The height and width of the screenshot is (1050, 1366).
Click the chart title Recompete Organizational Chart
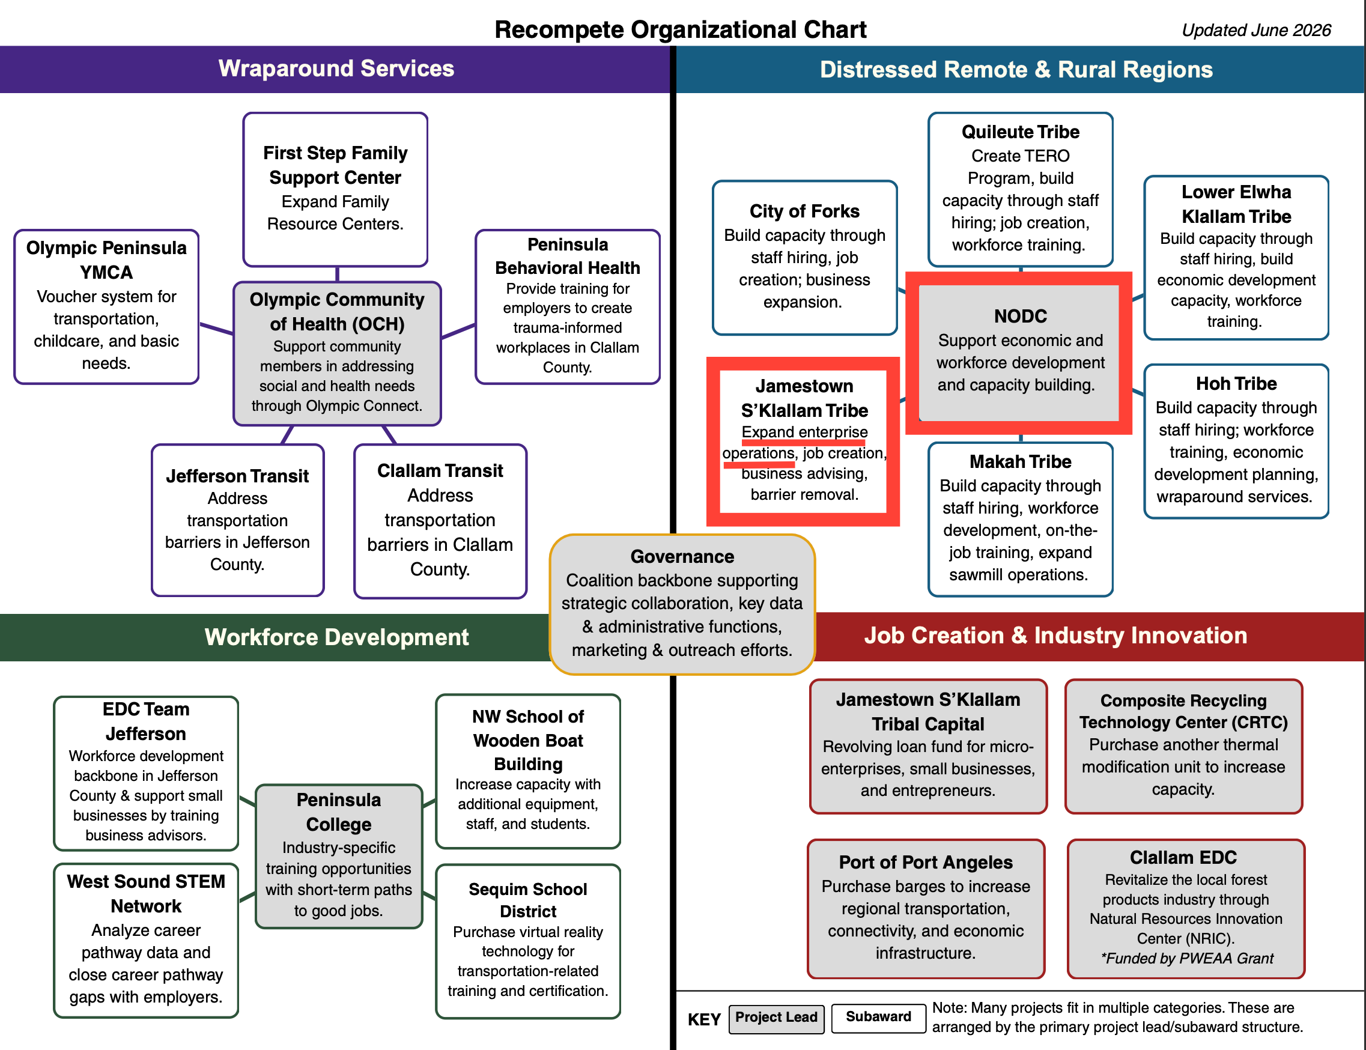tap(680, 29)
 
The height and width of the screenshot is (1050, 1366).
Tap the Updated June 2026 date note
tap(1256, 30)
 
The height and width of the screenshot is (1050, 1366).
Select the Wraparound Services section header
tap(336, 68)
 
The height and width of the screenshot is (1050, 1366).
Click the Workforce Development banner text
tap(336, 637)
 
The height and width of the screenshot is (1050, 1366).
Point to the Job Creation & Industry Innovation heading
tap(1055, 636)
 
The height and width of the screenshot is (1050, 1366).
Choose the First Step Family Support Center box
tap(336, 189)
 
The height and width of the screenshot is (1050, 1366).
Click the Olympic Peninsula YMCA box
tap(106, 306)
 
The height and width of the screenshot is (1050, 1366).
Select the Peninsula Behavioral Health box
tap(568, 306)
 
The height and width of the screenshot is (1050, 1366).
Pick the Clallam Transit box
tap(440, 521)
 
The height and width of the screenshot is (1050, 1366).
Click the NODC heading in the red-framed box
tap(1021, 316)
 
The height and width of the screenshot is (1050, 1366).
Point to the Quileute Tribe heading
tap(1021, 132)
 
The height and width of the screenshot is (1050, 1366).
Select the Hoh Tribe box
tap(1236, 442)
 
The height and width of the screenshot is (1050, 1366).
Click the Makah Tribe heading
tap(1021, 462)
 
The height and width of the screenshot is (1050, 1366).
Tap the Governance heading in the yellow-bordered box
tap(682, 556)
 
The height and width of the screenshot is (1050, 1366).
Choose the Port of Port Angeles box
tap(926, 908)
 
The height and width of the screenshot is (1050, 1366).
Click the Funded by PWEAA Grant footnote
tap(1186, 958)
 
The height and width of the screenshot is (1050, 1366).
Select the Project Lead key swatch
tap(776, 1018)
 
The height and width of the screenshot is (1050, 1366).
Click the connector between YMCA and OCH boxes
tap(217, 329)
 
